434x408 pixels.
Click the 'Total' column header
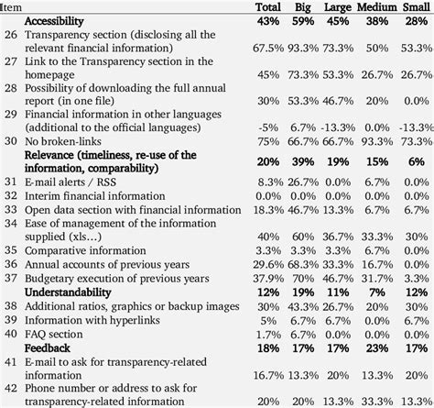(x=267, y=7)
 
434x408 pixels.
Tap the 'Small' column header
(x=412, y=7)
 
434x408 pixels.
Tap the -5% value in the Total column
(x=267, y=127)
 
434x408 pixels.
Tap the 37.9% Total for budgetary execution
(x=266, y=278)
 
